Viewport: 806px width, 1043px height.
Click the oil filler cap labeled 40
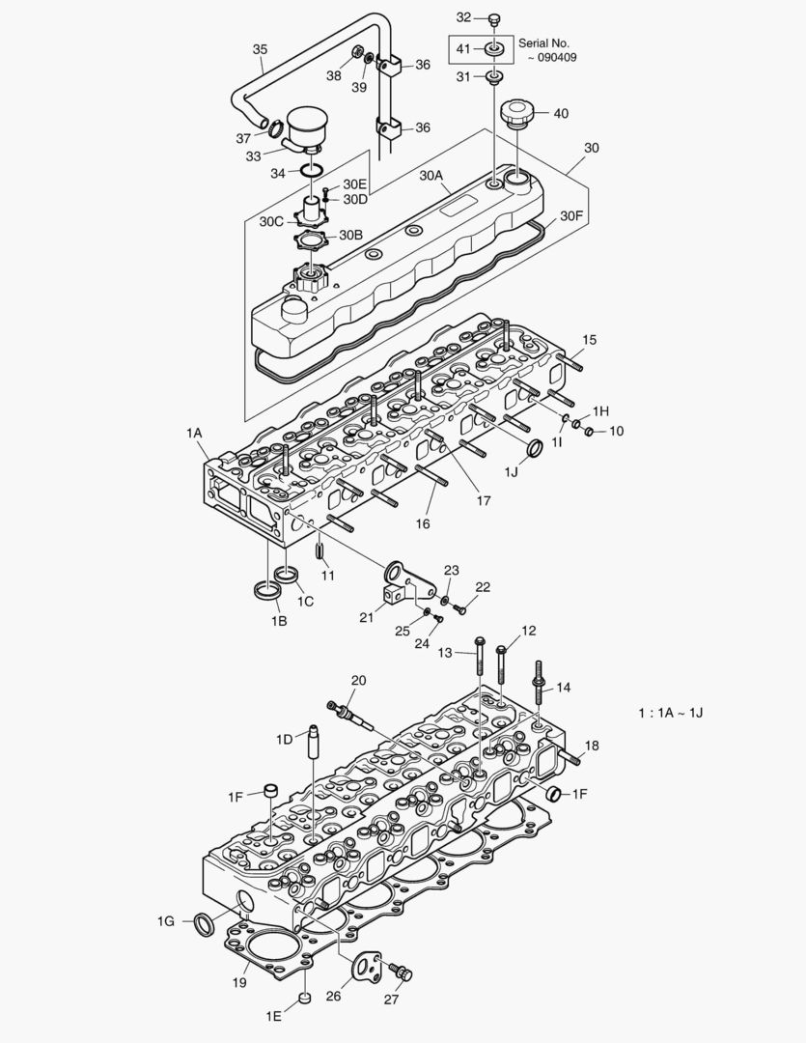[x=519, y=115]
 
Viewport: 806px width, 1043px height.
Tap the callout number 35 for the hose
[x=260, y=49]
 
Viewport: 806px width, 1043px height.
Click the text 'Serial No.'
[x=544, y=43]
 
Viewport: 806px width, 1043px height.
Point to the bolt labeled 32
[x=495, y=18]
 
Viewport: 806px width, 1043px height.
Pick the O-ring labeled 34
[x=310, y=172]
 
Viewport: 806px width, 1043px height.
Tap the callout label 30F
[x=571, y=216]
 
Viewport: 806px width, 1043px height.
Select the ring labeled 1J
[x=531, y=448]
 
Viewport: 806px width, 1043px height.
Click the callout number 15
[x=589, y=340]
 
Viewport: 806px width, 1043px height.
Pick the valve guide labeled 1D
[x=314, y=744]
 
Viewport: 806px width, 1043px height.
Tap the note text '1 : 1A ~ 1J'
[x=670, y=712]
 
